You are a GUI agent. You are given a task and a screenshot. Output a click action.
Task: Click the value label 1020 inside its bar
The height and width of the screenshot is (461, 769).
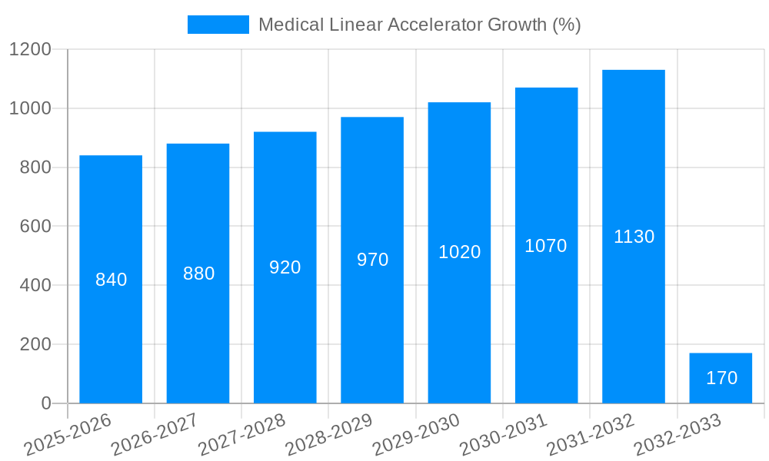[459, 252]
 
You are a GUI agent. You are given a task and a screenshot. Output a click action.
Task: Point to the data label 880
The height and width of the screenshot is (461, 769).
[198, 274]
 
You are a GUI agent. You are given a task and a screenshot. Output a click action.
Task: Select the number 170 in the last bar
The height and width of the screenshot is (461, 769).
[721, 378]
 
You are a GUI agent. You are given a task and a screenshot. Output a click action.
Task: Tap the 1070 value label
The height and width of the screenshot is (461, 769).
[546, 246]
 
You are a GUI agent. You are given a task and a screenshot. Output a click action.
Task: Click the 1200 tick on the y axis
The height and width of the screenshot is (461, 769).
[30, 50]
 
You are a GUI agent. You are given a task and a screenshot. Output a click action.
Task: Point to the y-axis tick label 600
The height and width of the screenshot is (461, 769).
[35, 227]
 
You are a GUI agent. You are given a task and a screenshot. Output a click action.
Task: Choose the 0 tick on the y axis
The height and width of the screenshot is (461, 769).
[45, 403]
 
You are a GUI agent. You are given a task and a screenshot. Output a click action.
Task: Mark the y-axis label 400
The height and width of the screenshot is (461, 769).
[35, 286]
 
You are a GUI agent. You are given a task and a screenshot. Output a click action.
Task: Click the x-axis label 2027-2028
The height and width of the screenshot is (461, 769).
[242, 434]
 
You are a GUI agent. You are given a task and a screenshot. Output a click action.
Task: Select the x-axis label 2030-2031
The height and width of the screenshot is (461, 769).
[504, 434]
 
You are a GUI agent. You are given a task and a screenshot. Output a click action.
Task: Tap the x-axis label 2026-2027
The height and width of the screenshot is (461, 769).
[155, 434]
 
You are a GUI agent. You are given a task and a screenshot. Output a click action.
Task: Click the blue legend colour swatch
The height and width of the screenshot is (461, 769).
[218, 25]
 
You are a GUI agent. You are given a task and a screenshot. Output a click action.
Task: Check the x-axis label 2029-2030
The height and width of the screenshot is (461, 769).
[417, 434]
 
